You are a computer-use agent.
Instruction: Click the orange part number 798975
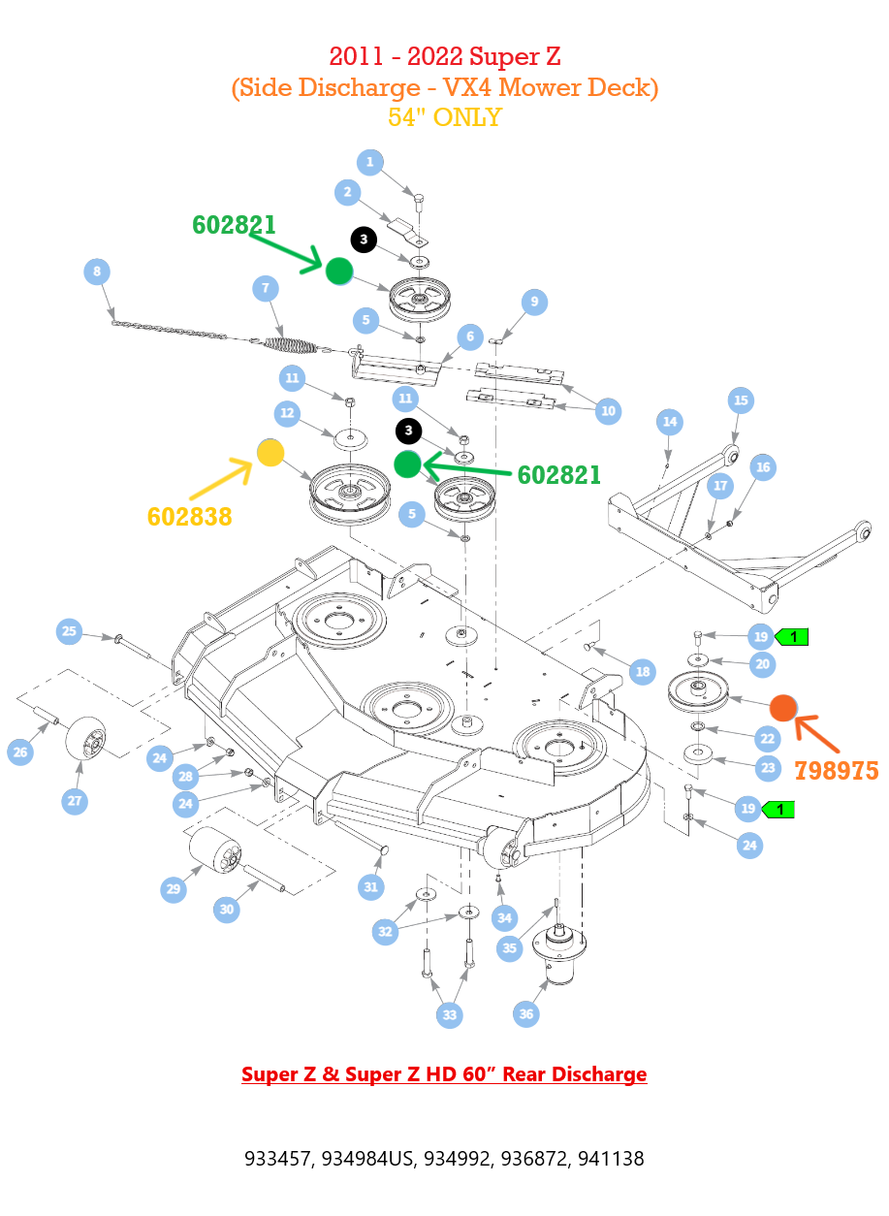(836, 771)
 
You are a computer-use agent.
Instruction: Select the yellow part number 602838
(189, 517)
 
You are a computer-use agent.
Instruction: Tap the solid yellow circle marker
(270, 453)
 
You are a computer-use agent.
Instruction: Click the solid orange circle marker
(783, 708)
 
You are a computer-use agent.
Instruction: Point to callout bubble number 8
(97, 272)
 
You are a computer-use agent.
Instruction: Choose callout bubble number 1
(370, 162)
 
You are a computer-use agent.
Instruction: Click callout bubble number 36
(525, 1014)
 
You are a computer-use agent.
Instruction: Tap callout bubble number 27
(75, 801)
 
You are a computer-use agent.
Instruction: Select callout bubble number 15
(741, 400)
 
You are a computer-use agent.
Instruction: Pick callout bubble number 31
(370, 887)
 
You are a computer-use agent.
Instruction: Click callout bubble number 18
(643, 672)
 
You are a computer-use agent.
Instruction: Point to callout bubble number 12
(287, 414)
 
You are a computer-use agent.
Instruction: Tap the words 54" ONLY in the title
(445, 117)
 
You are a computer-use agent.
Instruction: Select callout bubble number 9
(534, 302)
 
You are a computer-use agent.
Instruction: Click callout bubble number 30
(226, 910)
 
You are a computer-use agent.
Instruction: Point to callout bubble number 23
(768, 768)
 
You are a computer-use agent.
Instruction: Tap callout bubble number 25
(69, 631)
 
